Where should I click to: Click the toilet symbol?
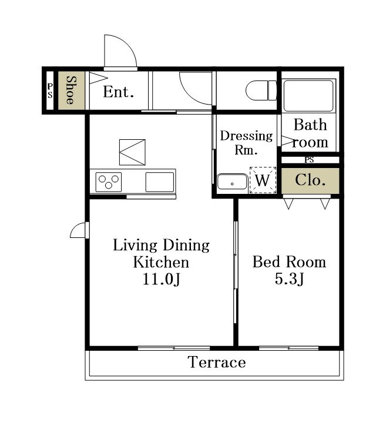261,90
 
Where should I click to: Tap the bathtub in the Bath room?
308,96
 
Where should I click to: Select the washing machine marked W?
263,180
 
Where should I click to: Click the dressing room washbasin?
232,182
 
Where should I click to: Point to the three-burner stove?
109,182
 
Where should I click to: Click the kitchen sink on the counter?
160,182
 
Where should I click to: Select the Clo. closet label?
310,180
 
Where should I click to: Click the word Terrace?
217,362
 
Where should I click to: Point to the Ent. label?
119,92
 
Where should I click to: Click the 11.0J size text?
161,279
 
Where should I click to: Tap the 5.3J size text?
290,278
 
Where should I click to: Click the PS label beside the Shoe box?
50,90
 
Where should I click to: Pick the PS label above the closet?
310,160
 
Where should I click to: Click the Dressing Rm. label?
246,143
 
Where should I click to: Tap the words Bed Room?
289,261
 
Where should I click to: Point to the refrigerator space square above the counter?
132,152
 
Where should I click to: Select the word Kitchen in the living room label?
161,262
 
